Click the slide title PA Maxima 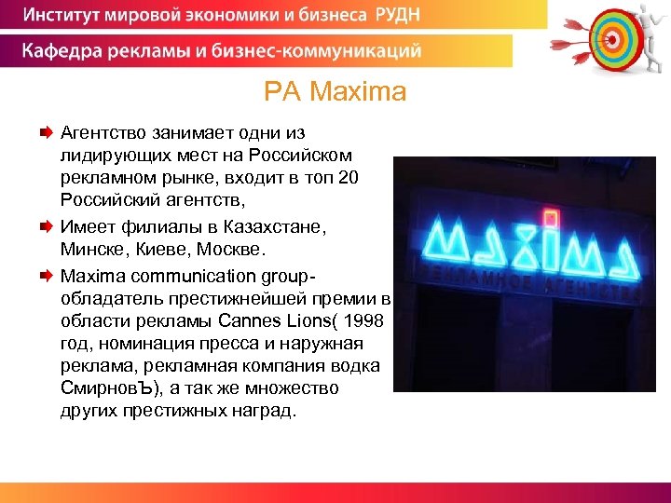pyautogui.click(x=335, y=92)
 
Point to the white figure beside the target pyautogui.click(x=648, y=37)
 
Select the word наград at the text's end pyautogui.click(x=265, y=412)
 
